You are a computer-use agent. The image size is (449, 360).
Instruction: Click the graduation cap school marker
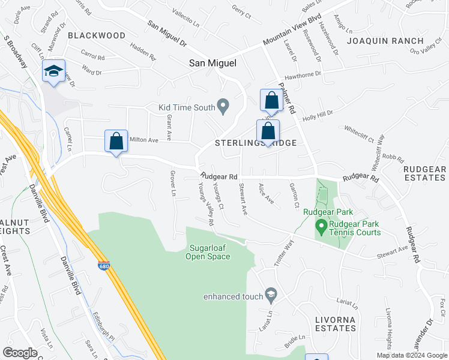coord(53,72)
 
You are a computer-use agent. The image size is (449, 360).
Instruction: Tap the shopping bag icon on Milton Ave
coord(116,142)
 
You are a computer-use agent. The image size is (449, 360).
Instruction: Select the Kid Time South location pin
coord(223,107)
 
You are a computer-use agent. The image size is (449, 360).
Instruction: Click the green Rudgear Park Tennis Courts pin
coord(321,226)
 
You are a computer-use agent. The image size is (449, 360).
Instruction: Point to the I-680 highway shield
coord(103,265)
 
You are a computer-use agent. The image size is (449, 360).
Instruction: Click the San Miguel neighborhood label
coord(213,63)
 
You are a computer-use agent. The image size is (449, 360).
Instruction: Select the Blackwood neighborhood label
coord(97,35)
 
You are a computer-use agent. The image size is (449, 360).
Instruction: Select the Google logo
coord(20,353)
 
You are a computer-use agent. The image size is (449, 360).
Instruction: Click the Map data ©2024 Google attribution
coord(412,355)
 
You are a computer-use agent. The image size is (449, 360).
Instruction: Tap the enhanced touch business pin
coord(271,295)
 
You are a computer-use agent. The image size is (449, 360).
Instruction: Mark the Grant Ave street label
coord(169,128)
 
